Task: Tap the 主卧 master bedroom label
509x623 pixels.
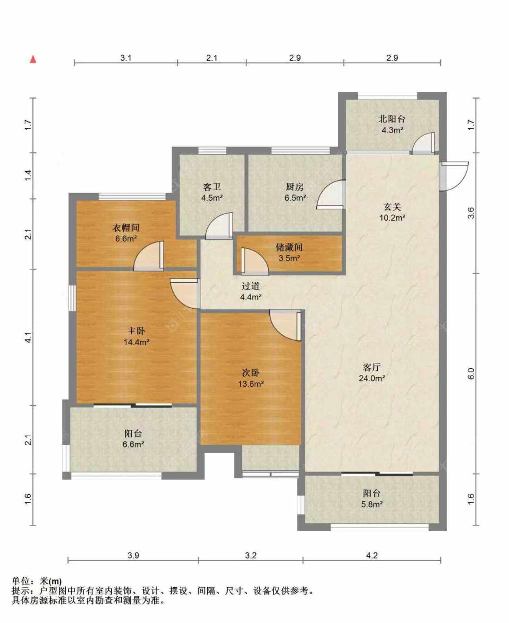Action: [x=136, y=331]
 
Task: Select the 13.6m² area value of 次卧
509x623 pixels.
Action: [x=251, y=384]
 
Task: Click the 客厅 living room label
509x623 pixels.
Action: [x=371, y=367]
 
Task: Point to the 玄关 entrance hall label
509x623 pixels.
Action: [x=392, y=207]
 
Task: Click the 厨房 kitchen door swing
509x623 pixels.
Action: [x=331, y=195]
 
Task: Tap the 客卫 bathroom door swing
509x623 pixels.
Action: [x=219, y=226]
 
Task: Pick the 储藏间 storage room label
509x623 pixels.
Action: [x=289, y=247]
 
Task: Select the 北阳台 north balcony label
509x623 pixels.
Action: [x=392, y=119]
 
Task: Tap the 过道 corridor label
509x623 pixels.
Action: [x=251, y=286]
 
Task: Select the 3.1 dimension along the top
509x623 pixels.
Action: [x=125, y=57]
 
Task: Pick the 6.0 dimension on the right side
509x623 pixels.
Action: [x=471, y=373]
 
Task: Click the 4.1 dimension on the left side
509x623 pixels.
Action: [x=28, y=338]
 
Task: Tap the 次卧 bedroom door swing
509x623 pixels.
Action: [x=285, y=326]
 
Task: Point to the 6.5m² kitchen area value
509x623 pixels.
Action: [x=295, y=198]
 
